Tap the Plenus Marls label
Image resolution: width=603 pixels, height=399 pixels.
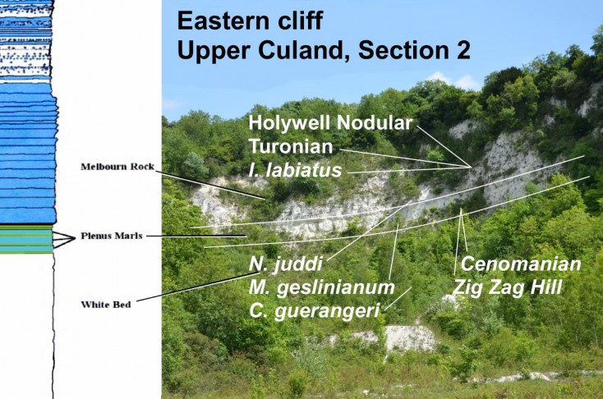coord(111,236)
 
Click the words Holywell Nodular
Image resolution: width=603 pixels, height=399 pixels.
coord(330,124)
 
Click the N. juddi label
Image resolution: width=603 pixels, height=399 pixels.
coord(284,264)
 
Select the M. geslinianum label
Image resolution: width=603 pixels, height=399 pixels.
coord(321,287)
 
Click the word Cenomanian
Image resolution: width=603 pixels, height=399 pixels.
coord(522,264)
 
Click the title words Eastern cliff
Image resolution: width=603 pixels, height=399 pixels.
coord(258,21)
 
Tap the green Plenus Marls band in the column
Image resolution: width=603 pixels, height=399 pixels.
coord(27,238)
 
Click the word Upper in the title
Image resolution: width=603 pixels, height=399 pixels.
coord(212,50)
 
